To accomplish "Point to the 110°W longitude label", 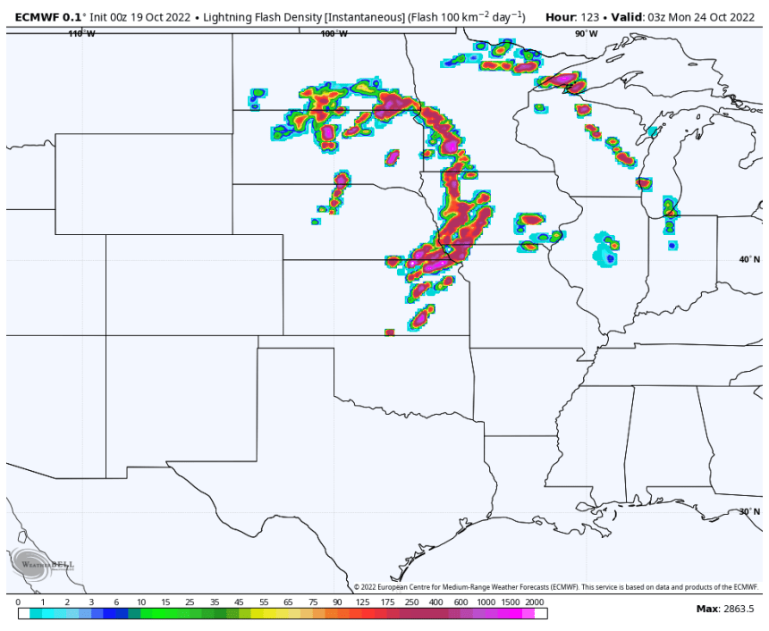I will click(x=81, y=34).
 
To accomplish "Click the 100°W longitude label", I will click(x=334, y=34).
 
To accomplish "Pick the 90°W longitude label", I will click(x=587, y=34).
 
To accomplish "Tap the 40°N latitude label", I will click(x=749, y=259).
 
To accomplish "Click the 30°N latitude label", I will click(x=749, y=512).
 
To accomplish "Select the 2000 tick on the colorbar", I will click(x=535, y=602).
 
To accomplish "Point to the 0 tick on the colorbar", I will click(x=18, y=602).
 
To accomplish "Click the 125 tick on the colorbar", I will click(x=362, y=602).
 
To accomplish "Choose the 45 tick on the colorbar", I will click(x=239, y=602).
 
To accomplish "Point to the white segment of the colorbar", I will click(x=541, y=614).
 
